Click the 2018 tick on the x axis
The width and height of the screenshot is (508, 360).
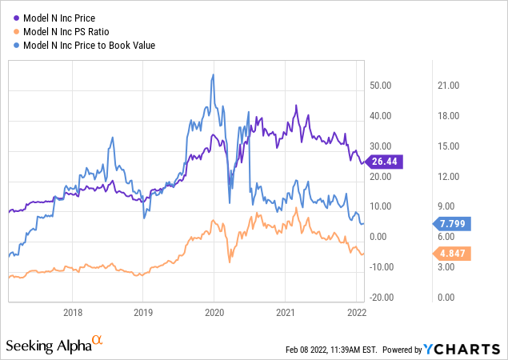(x=73, y=311)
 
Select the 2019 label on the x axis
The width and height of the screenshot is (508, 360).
(x=142, y=311)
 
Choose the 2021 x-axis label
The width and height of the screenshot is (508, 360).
(x=286, y=311)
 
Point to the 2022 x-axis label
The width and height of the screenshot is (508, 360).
(x=356, y=311)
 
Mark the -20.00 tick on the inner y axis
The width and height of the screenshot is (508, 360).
(x=378, y=297)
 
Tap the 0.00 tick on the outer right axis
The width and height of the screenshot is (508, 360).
(x=447, y=297)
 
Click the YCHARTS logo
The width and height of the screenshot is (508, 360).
(x=466, y=350)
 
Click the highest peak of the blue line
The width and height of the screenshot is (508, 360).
(x=212, y=75)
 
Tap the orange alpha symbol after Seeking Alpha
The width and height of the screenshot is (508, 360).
(x=98, y=341)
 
